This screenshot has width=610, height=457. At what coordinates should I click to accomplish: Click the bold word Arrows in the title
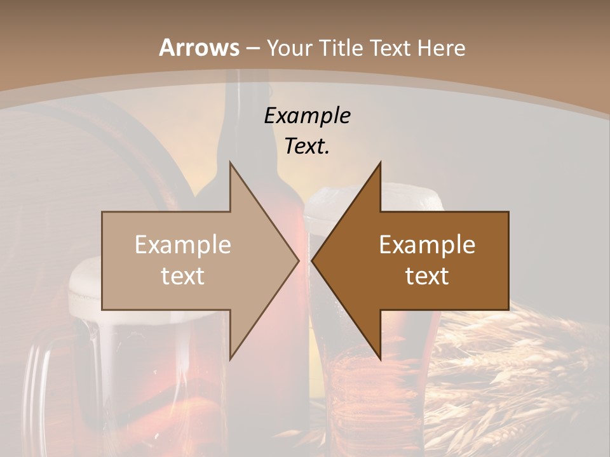pos(199,48)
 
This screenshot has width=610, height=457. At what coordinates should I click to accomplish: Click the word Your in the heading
pos(289,48)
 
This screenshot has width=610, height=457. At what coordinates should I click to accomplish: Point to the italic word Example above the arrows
pos(307,116)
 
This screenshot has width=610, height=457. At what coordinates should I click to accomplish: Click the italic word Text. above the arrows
pos(307,146)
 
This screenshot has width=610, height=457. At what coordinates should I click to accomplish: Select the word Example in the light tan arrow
pos(183,244)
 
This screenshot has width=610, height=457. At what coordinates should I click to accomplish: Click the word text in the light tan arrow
pos(183,276)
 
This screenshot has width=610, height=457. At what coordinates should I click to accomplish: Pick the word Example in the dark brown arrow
pos(427,244)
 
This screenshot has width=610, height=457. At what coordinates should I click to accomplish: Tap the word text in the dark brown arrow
pos(427,276)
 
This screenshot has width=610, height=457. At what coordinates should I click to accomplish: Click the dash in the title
pos(252,48)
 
